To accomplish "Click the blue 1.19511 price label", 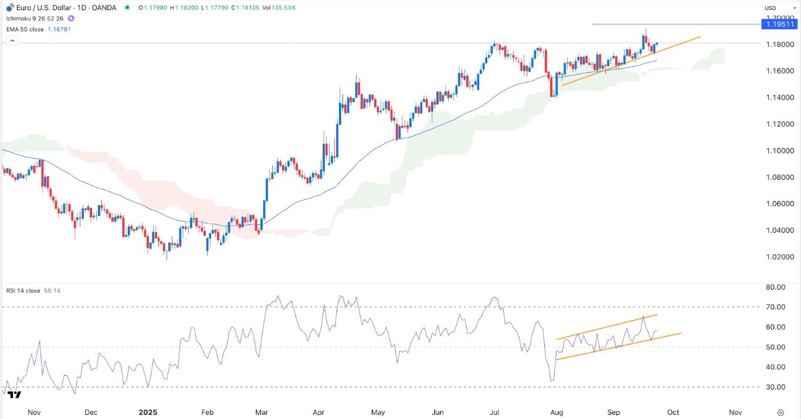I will (x=780, y=24).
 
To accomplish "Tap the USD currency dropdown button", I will (x=770, y=8).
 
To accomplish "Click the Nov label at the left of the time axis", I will (x=33, y=412).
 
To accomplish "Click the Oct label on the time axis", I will (x=673, y=412).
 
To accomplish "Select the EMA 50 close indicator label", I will (x=26, y=29).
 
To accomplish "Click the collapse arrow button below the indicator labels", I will (x=12, y=40).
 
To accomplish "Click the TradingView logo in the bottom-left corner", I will (x=15, y=395).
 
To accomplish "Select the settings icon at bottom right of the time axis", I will (x=780, y=412).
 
